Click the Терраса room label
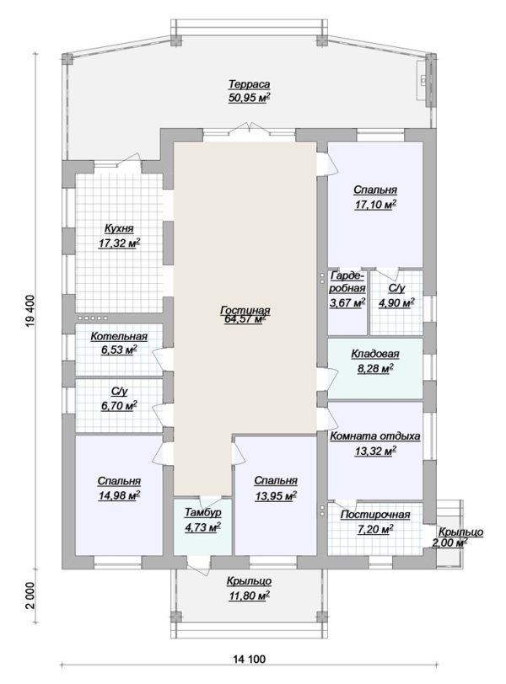(250, 83)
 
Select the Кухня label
(119, 228)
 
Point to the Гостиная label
(245, 310)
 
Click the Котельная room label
(119, 336)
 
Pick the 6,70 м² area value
(119, 405)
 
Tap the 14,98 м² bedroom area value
(119, 494)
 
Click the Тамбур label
(202, 512)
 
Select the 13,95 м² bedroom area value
(276, 495)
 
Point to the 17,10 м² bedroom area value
(375, 204)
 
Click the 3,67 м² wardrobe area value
(348, 302)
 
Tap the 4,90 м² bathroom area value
(396, 302)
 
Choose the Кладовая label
(375, 354)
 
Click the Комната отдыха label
(375, 436)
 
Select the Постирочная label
(375, 515)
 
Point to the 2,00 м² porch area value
(449, 542)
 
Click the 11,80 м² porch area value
(249, 595)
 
